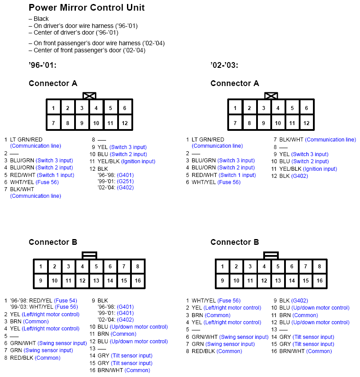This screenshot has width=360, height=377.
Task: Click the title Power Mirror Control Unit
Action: [87, 8]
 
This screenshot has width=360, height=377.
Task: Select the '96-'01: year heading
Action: [42, 66]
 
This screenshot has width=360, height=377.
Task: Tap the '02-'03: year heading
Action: [224, 66]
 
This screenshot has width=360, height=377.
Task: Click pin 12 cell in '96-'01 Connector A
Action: [125, 123]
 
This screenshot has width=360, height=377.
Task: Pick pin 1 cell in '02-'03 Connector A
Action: [235, 108]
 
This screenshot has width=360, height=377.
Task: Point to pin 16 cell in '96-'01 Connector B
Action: [138, 281]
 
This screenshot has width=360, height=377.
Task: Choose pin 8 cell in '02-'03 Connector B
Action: [319, 267]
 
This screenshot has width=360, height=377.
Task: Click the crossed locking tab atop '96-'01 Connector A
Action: [89, 96]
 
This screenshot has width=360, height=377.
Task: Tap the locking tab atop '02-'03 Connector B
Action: [271, 255]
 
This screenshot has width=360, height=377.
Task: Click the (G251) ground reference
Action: [125, 181]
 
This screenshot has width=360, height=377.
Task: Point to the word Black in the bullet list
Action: [41, 19]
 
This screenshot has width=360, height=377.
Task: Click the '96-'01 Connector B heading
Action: [53, 242]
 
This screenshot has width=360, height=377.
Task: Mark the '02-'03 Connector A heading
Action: [234, 83]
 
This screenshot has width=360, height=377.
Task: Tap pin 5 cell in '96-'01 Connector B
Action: [96, 267]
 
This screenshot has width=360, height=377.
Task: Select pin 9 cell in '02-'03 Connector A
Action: [264, 123]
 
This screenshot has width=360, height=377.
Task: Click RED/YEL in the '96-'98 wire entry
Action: [41, 300]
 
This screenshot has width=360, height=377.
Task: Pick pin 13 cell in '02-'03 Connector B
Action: [278, 281]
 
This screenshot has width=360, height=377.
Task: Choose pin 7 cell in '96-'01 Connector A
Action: [53, 123]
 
